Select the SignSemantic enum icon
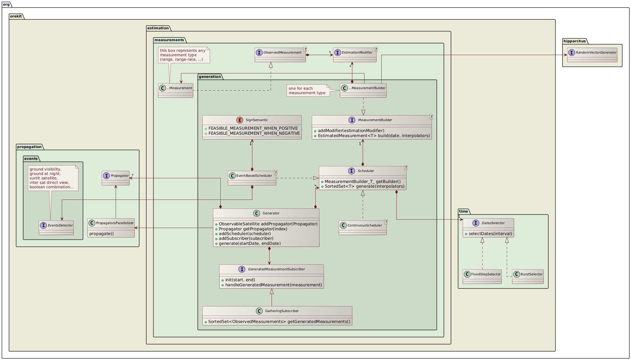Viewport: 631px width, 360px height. [240, 120]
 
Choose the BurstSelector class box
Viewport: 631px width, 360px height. [528, 276]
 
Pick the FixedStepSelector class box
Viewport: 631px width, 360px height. [482, 276]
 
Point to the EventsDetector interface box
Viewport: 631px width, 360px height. [56, 228]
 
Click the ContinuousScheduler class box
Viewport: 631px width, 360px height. [362, 228]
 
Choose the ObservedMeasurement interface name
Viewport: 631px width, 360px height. [282, 52]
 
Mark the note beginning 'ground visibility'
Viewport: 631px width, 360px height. [53, 178]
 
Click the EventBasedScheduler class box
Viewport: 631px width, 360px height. [252, 178]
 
